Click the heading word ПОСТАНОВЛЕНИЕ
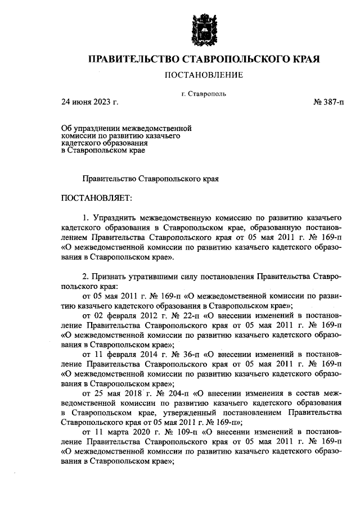[203, 75]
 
